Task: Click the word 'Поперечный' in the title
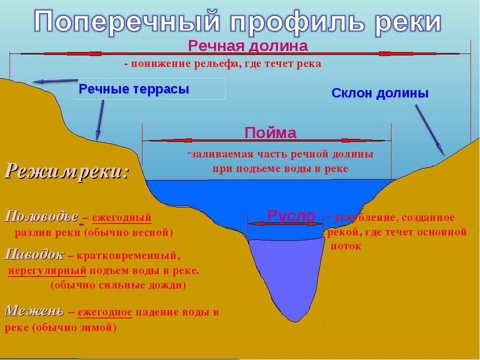click(x=127, y=22)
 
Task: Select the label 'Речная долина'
click(x=247, y=46)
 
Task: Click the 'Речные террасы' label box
click(x=149, y=89)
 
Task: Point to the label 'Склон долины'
click(x=380, y=93)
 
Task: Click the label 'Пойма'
click(x=270, y=132)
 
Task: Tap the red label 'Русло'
click(x=291, y=215)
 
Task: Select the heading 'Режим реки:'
click(x=67, y=171)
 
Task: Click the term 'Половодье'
click(x=42, y=217)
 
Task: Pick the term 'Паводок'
click(x=34, y=255)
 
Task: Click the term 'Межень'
click(x=34, y=311)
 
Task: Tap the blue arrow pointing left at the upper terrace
click(x=55, y=80)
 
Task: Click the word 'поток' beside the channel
click(x=345, y=246)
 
